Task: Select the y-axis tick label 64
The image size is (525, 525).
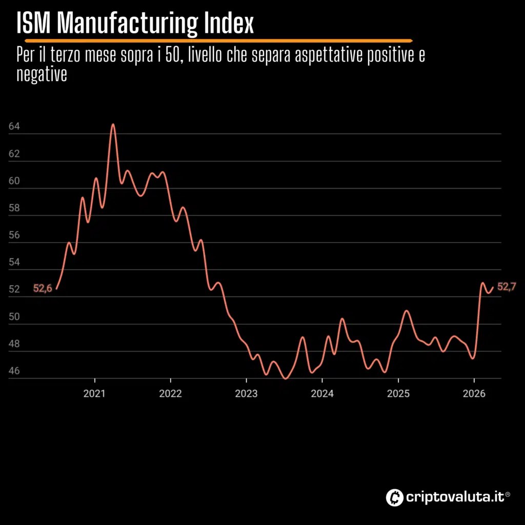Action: pos(14,127)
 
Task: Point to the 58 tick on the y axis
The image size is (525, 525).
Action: pos(14,208)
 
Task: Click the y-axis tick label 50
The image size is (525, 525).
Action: pos(14,316)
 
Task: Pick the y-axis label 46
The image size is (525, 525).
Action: pos(14,371)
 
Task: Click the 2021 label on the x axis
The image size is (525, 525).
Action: pos(94,393)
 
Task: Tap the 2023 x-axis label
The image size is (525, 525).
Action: pos(246,393)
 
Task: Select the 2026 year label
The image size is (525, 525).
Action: pos(474,393)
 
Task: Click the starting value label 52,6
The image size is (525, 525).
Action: pos(43,288)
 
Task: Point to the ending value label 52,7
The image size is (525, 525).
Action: pos(507,287)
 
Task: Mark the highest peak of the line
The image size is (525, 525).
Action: pos(113,125)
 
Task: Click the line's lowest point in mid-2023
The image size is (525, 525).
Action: pos(286,378)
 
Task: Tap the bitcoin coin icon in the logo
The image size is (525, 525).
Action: pos(394,497)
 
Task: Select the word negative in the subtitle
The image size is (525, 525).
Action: pos(42,74)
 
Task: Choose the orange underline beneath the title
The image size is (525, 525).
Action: pos(218,41)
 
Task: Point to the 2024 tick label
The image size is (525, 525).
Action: pos(322,393)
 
